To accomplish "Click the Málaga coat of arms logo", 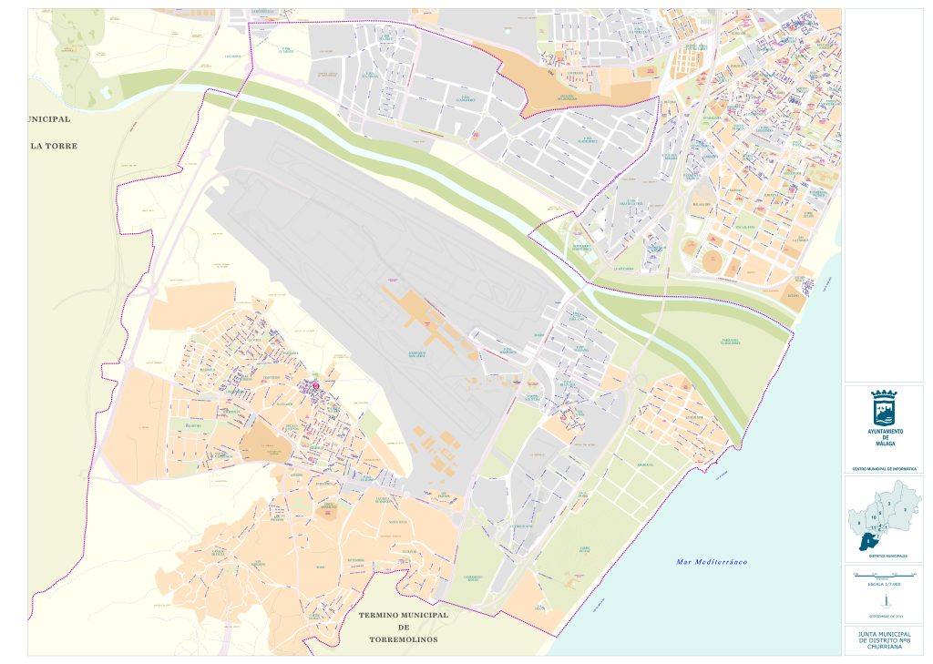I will pos(884,404).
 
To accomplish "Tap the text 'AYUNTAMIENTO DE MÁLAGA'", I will pos(884,436).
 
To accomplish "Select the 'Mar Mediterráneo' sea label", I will pos(712,562).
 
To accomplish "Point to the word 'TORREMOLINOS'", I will pos(404,639).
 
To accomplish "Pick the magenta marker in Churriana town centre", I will pos(316,387).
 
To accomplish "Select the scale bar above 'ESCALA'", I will pos(883,576).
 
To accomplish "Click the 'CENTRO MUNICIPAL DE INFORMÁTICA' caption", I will pos(883,469).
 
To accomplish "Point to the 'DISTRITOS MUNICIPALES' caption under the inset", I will pos(883,554).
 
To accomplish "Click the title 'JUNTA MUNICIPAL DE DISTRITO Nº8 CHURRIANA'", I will pos(883,641).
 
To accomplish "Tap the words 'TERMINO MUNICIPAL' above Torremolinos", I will pos(404,615).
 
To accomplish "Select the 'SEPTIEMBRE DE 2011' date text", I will pos(883,617).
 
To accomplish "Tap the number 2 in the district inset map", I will pos(905,510).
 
